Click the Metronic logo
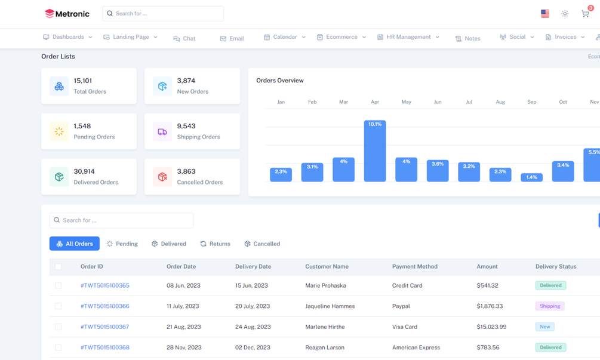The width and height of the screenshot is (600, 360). pos(67,14)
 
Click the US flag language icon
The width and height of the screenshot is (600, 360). pos(545,14)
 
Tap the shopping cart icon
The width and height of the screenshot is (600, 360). pos(585,14)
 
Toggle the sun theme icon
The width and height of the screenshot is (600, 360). pos(565,14)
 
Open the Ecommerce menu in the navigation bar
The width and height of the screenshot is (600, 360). pos(341,37)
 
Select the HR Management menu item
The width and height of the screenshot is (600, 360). pos(408,37)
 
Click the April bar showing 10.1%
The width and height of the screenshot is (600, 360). pos(375,151)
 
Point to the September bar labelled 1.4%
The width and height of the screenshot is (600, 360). pos(531,177)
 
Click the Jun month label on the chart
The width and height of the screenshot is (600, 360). pos(438,102)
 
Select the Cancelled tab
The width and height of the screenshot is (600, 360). pos(262,244)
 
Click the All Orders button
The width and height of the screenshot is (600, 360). pos(75,244)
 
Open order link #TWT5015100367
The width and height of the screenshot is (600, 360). pos(105,327)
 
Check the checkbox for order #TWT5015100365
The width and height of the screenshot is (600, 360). pos(58,285)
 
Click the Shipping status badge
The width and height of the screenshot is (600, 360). pos(550,306)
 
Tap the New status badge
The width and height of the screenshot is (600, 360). pos(544,327)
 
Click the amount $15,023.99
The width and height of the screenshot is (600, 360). pos(491,327)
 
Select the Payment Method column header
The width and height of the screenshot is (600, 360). pos(415,266)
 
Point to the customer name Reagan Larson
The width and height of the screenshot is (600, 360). pos(325,347)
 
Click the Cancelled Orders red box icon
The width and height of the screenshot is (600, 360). pos(162,177)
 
